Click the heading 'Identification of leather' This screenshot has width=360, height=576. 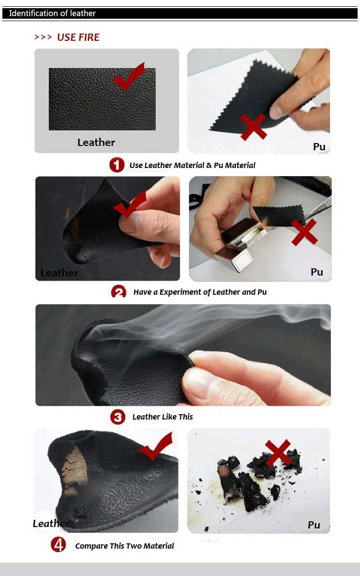[52, 13]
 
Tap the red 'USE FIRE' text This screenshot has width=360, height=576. [78, 37]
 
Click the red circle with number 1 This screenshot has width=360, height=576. [117, 165]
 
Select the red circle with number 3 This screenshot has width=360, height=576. [118, 417]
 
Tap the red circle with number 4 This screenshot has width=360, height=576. [59, 544]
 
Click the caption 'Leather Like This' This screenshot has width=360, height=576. [163, 417]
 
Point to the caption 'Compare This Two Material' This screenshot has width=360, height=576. [124, 546]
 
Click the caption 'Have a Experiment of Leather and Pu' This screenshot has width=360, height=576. [200, 292]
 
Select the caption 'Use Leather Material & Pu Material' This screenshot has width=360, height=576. [192, 165]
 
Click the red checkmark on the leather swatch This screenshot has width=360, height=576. [129, 77]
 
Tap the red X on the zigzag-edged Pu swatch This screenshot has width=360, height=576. [253, 127]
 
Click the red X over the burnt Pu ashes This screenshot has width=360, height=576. [278, 453]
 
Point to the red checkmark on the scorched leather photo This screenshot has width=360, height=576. [156, 446]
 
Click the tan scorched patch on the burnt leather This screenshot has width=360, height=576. [74, 470]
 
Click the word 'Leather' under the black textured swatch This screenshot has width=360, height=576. [96, 143]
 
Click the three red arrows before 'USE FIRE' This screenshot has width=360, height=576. [43, 37]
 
